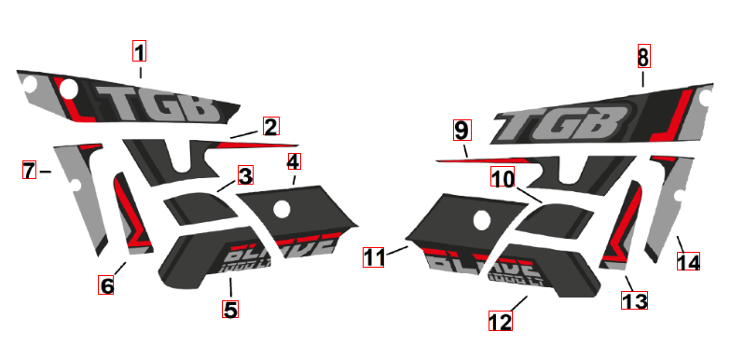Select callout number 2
(x=270, y=126)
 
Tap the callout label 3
(x=244, y=175)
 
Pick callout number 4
(x=294, y=161)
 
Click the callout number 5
(x=230, y=309)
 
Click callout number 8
(x=642, y=57)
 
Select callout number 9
(x=462, y=129)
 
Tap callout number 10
(x=503, y=177)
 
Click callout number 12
(x=501, y=321)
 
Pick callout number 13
(x=634, y=300)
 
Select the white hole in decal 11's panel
(x=482, y=221)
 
